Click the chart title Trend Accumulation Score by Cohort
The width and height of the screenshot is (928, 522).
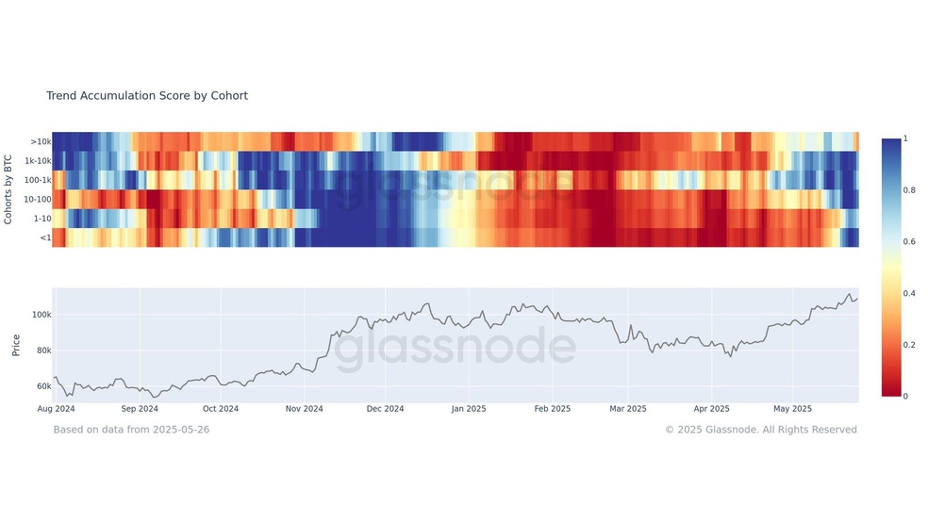147,96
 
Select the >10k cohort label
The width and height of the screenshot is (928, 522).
41,142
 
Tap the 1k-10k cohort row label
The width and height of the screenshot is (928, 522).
38,161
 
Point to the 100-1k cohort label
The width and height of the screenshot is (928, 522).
38,180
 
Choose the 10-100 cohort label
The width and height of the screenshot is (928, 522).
38,199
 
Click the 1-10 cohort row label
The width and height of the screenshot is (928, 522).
42,219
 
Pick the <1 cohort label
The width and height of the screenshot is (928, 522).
45,237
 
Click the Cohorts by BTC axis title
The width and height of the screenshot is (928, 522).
8,189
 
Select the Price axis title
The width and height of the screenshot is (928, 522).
16,345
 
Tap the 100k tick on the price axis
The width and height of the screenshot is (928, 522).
41,315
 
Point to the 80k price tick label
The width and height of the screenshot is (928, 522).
43,350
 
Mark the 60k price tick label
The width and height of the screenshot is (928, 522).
43,386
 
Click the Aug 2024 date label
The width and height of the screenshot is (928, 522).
57,409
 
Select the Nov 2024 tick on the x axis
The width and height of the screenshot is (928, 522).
305,409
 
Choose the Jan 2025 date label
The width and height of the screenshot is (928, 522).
469,409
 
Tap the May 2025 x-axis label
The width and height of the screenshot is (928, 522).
793,409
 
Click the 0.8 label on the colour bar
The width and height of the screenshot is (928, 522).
909,189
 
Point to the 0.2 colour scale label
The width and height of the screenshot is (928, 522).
909,345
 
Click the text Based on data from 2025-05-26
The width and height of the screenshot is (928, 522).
131,430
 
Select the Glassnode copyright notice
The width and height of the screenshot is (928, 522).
760,430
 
